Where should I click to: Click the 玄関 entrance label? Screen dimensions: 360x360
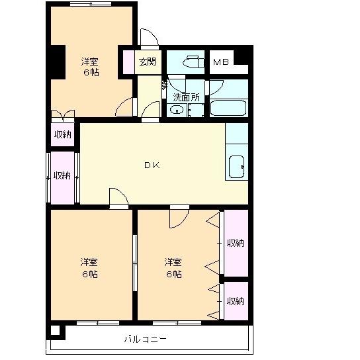tap(148, 63)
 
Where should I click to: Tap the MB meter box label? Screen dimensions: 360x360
tap(221, 63)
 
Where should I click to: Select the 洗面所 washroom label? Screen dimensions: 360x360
tap(186, 97)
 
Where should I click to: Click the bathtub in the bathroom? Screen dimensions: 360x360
tap(228, 108)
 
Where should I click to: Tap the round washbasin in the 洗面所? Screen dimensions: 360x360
tap(177, 111)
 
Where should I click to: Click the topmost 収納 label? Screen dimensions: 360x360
tap(63, 134)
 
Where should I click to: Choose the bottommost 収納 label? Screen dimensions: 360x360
tap(235, 301)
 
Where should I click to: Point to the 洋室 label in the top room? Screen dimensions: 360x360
tap(91, 62)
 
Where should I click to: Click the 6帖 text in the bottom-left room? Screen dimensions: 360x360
tap(90, 274)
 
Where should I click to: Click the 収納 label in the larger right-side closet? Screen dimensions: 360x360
tap(235, 243)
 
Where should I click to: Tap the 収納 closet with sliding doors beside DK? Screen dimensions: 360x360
tap(62, 176)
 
